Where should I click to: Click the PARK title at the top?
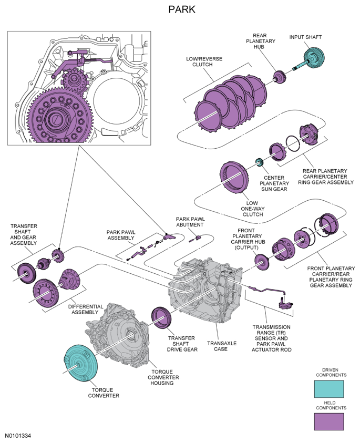(x=182, y=9)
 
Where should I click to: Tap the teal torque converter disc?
(x=81, y=363)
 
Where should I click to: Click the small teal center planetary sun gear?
(x=260, y=162)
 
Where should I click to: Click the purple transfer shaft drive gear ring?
(x=161, y=317)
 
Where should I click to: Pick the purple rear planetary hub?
(x=280, y=77)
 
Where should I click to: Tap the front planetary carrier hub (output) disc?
(x=262, y=262)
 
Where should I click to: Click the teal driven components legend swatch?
(x=329, y=389)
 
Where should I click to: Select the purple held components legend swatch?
(x=329, y=422)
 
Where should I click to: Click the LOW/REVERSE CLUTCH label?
(x=204, y=61)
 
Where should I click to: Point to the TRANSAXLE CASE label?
(x=222, y=346)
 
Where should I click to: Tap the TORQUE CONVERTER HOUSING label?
(x=163, y=377)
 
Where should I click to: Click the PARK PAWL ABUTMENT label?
(x=190, y=222)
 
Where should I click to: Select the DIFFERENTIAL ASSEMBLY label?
(x=85, y=310)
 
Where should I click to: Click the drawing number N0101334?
(x=18, y=436)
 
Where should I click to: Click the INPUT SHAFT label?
(x=305, y=37)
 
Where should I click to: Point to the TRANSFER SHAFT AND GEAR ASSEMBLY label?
(x=24, y=234)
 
